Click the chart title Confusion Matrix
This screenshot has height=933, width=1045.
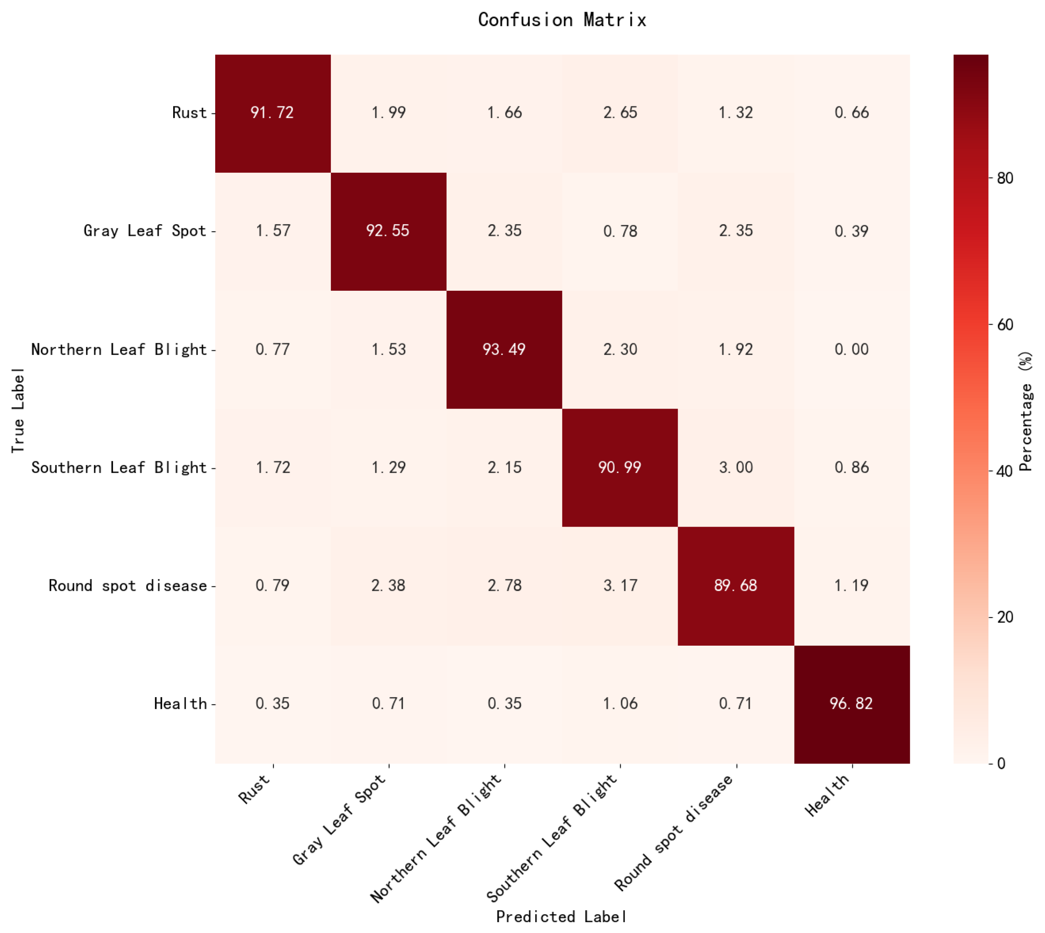[x=562, y=20]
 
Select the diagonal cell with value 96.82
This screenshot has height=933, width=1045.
[x=851, y=704]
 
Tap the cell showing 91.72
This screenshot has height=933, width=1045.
[x=272, y=113]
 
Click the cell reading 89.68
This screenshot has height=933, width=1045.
[x=735, y=586]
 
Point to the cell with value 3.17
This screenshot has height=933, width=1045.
[x=620, y=586]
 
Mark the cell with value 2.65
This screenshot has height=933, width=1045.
[x=620, y=113]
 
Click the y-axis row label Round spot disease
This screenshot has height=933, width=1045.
[x=128, y=586]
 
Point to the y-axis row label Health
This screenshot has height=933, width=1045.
[x=180, y=704]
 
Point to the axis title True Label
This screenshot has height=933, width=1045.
[x=18, y=410]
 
